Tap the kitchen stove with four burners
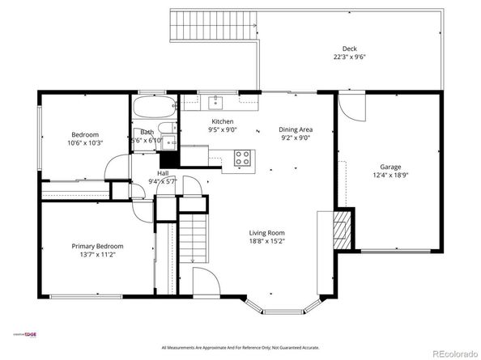(x=242, y=158)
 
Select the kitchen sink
(x=216, y=102)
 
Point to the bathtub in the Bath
(x=154, y=107)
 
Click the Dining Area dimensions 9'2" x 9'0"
(x=296, y=138)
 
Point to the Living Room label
(x=266, y=231)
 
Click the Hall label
(x=163, y=173)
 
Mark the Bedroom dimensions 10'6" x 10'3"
(x=85, y=143)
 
